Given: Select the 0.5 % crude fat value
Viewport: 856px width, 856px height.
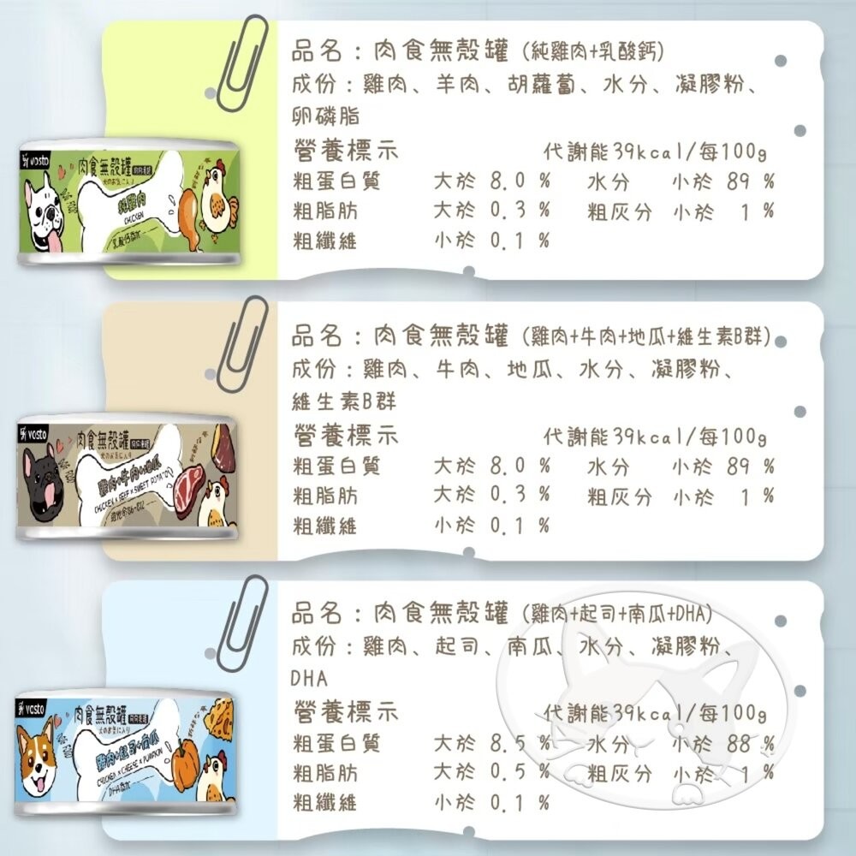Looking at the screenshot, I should point(519,773).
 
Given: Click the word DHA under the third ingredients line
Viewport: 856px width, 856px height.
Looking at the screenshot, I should point(309,679).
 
